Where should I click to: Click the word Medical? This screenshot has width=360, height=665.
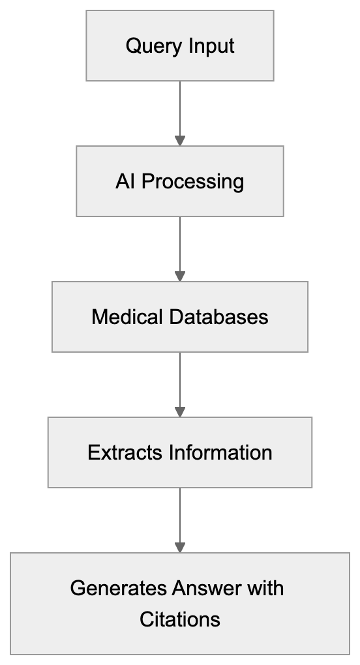[x=127, y=317]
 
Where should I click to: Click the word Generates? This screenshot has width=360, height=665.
[x=119, y=588]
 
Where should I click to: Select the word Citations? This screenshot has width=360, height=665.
[x=180, y=619]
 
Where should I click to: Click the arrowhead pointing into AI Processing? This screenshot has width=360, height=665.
[x=180, y=141]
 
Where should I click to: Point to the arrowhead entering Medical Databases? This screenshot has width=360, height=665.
[x=180, y=276]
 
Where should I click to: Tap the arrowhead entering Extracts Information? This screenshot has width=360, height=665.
[x=180, y=412]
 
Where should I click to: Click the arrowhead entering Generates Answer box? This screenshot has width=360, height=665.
[x=180, y=548]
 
